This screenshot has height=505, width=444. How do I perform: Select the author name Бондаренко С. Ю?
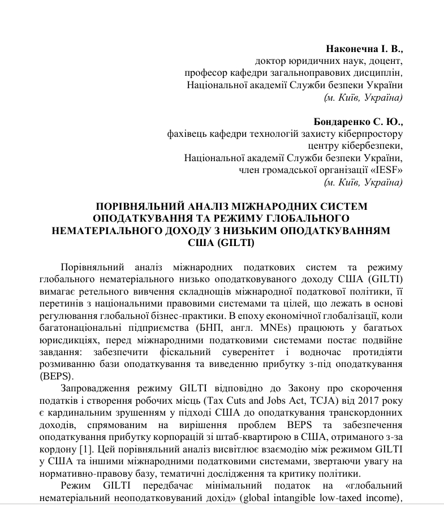358,122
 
